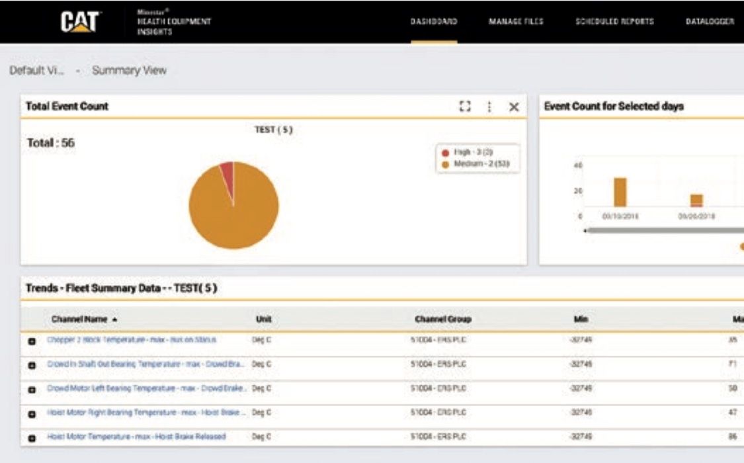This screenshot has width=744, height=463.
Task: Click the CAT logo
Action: point(80,22)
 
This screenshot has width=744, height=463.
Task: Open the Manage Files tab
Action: point(516,22)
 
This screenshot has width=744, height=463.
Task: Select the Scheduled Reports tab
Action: point(614,22)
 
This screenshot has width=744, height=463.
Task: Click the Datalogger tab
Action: point(710,22)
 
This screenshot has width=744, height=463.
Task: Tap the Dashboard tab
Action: point(434,22)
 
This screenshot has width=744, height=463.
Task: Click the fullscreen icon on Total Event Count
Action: point(465,106)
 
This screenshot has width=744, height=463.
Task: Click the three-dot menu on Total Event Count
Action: point(489,106)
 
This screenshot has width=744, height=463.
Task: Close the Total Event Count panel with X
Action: point(514,106)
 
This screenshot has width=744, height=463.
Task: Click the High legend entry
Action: point(473,152)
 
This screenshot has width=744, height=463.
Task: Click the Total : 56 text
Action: point(51,143)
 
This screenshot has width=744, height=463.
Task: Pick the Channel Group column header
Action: point(443,319)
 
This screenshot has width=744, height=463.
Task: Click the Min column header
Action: point(581,319)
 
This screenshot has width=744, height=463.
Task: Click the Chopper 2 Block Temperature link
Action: point(132,340)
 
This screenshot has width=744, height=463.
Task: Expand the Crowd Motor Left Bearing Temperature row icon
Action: point(32,390)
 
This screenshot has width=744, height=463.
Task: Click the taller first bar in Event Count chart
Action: point(620,192)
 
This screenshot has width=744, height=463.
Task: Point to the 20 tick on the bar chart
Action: point(580,190)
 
